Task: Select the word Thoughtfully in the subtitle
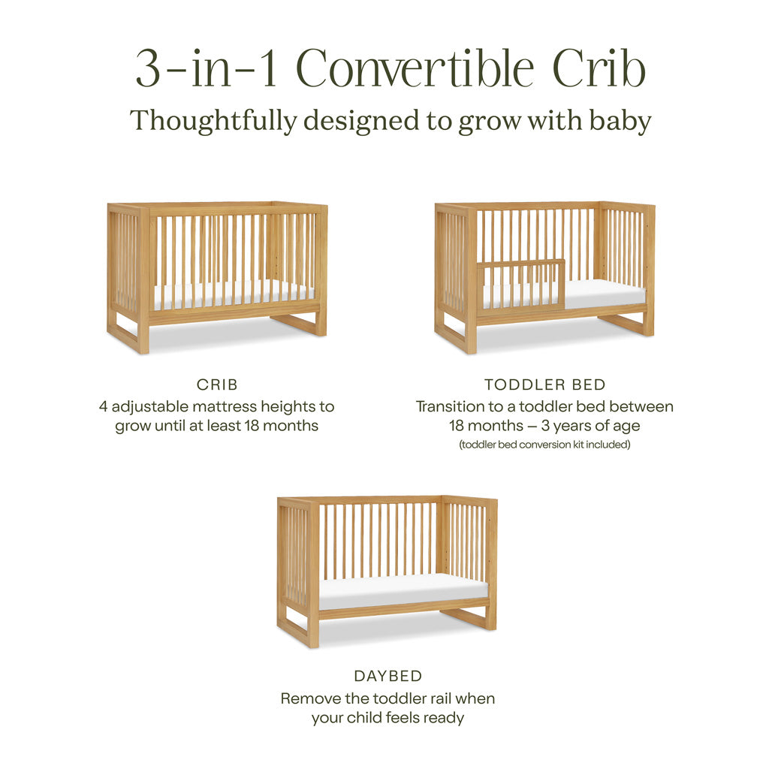click(x=213, y=121)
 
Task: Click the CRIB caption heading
click(x=217, y=384)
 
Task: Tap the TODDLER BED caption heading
click(x=544, y=384)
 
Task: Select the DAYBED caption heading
click(x=387, y=676)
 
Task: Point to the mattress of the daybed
click(x=403, y=590)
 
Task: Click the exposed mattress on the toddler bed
click(x=605, y=294)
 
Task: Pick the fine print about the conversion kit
click(x=544, y=445)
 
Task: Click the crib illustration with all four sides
click(x=217, y=276)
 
